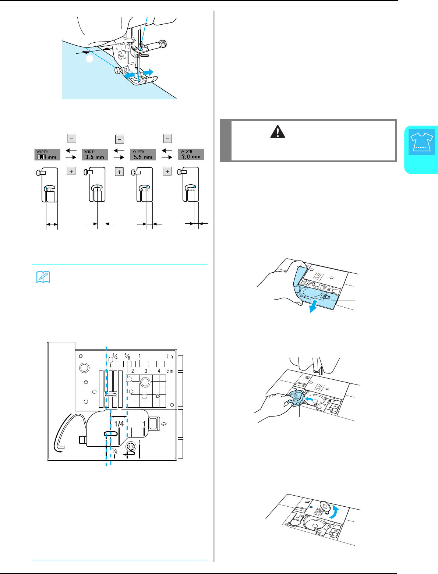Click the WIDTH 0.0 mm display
point(47,154)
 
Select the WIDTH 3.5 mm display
point(95,154)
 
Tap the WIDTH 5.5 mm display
point(143,154)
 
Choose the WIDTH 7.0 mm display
point(191,154)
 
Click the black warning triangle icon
point(278,131)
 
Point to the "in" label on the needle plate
point(170,357)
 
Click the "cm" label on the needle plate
point(170,371)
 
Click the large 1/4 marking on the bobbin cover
point(119,424)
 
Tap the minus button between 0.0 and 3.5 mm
point(71,138)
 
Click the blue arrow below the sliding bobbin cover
point(313,308)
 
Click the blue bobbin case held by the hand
point(295,399)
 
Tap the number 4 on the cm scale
point(159,371)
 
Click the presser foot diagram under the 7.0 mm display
point(191,185)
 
